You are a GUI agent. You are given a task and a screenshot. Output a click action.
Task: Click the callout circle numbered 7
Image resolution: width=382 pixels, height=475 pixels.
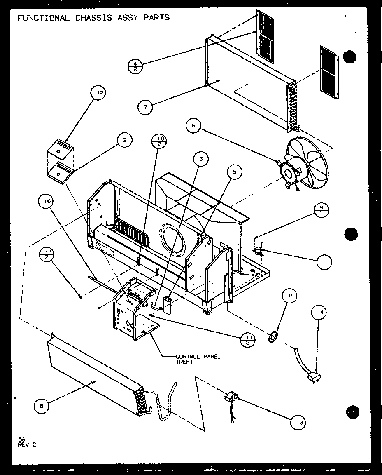(145, 107)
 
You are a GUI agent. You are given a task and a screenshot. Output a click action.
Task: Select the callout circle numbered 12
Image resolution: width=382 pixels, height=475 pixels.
(99, 93)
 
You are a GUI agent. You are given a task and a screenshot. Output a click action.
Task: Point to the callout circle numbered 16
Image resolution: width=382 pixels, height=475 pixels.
(46, 202)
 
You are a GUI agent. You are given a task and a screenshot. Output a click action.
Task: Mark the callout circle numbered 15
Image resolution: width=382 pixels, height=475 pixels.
(289, 297)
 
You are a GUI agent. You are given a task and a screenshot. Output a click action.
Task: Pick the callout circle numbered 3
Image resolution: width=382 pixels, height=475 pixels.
(201, 159)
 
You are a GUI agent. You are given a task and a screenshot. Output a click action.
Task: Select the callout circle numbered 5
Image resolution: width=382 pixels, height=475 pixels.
(235, 172)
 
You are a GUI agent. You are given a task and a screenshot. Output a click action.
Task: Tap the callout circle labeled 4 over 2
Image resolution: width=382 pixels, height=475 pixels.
(135, 66)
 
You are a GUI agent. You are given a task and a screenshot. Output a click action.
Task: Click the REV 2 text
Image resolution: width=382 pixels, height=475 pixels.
(27, 444)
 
